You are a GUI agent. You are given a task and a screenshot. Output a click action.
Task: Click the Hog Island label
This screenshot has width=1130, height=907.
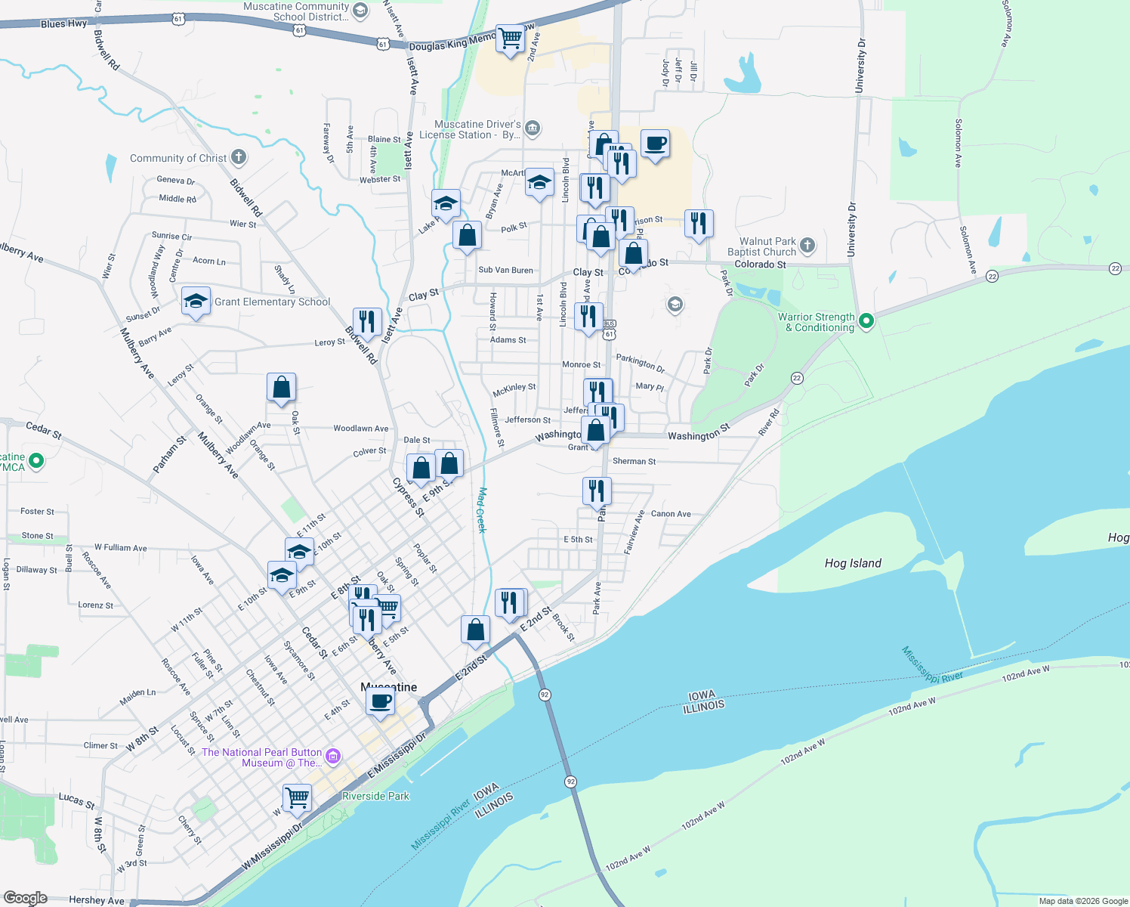coord(853,563)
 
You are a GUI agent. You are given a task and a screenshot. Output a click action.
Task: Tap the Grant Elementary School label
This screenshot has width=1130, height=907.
coord(272,302)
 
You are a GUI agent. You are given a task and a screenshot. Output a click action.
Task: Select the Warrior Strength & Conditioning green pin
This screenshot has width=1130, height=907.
coord(866,320)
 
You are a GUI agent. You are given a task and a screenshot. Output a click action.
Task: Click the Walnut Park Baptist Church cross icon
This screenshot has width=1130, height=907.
coord(807,245)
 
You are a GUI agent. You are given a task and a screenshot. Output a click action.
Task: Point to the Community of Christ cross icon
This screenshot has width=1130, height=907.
coord(239,157)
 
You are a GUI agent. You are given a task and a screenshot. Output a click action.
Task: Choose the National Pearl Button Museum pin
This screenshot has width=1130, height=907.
coord(333,756)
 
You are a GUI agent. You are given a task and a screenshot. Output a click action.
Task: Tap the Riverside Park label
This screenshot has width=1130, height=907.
coord(375,796)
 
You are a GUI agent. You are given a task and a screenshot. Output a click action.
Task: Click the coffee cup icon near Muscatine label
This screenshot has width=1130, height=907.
coord(380,701)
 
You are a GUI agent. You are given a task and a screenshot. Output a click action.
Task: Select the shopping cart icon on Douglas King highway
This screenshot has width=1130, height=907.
coord(510,37)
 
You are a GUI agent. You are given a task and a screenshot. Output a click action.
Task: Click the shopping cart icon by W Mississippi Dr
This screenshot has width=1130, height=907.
coord(297,797)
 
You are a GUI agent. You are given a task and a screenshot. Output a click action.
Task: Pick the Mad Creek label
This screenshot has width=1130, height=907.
coord(481,510)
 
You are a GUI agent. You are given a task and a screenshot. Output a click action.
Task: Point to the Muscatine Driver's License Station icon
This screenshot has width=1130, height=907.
coord(532,128)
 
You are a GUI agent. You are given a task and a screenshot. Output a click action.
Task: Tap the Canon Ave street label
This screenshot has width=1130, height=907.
coord(671,514)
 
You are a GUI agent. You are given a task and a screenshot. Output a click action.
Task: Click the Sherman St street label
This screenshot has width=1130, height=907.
coord(634,461)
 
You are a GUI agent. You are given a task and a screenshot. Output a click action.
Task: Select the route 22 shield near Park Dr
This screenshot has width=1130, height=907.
coord(797,378)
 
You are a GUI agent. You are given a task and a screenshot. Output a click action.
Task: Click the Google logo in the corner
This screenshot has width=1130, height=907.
coord(25,898)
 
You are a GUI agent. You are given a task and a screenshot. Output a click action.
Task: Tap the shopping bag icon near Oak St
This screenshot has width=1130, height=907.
coord(281,387)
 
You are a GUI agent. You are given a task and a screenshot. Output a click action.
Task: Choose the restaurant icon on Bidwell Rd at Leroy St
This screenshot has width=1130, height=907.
coord(367,321)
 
